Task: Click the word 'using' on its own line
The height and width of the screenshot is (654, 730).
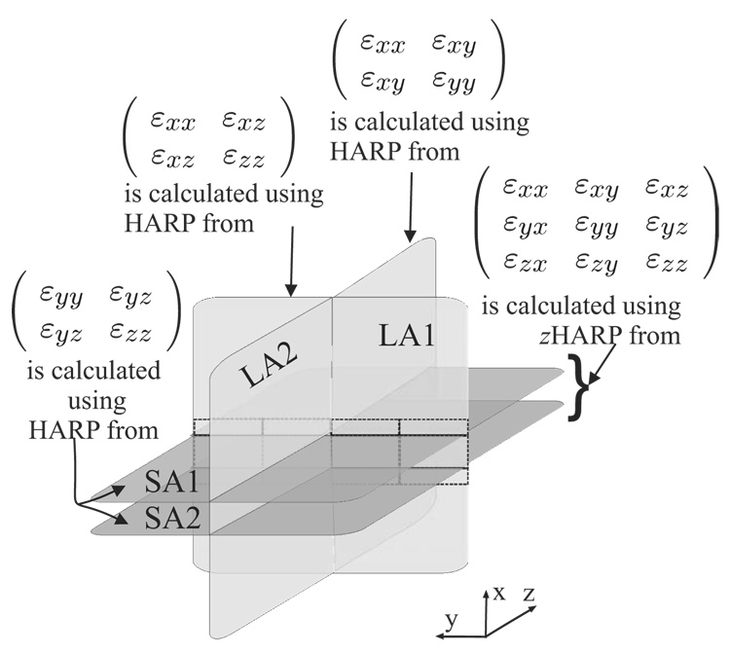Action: [89, 401]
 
